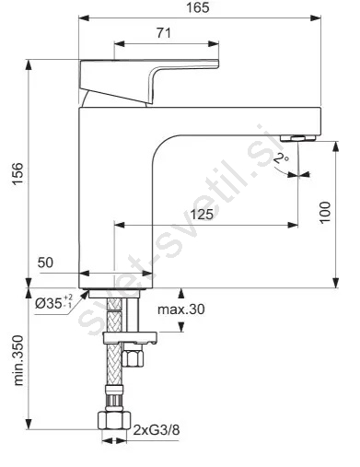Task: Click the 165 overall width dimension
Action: [198, 7]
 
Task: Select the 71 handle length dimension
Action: [164, 33]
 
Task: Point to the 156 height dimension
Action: [18, 173]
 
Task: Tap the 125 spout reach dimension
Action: [202, 214]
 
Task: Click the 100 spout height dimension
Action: [325, 213]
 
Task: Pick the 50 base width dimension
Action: [45, 263]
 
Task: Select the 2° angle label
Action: [281, 158]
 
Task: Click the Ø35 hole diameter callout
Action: [54, 303]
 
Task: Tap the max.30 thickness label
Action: [180, 309]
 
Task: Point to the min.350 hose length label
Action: [18, 360]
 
